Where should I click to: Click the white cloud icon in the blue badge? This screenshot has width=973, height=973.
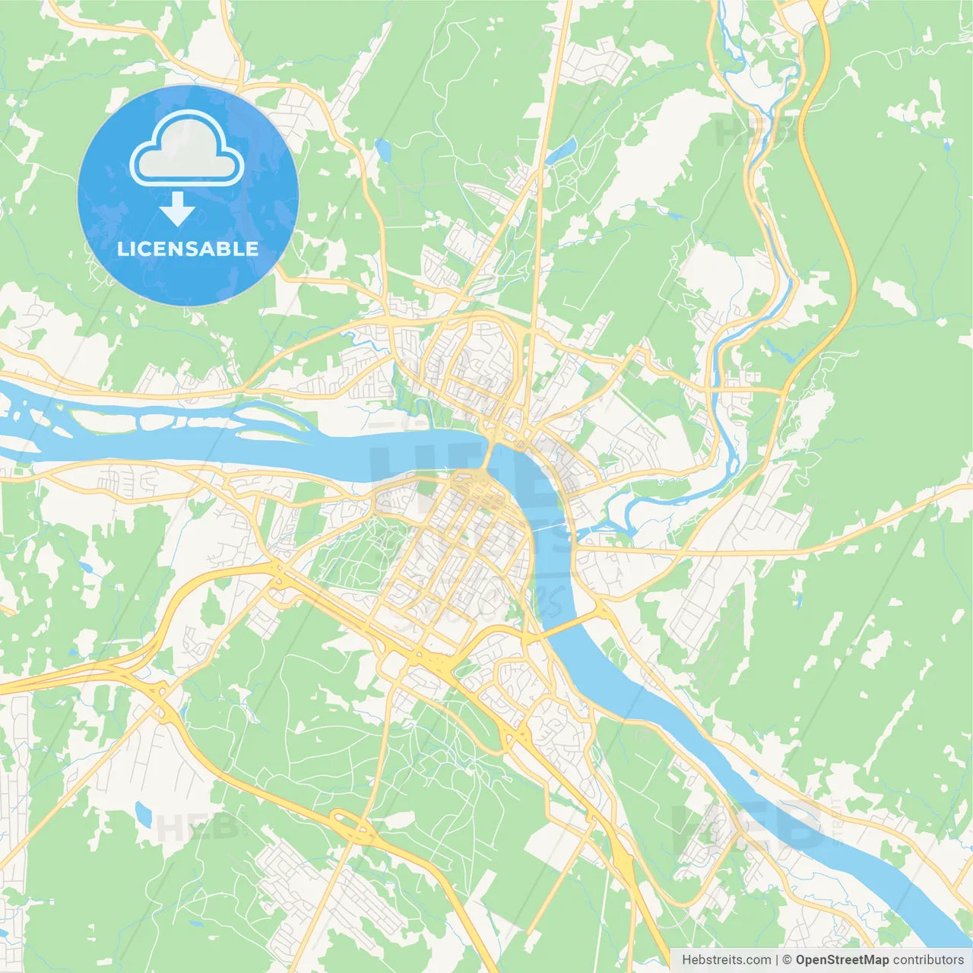coord(187,150)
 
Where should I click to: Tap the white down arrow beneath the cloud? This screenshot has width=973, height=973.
coord(178,209)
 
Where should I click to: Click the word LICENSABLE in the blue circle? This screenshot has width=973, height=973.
coord(188,249)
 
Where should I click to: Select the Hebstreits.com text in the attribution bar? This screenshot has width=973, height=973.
coord(726,960)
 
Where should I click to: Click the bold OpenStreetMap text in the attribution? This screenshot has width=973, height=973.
coord(841,960)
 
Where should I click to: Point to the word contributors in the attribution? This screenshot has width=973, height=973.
coord(928,960)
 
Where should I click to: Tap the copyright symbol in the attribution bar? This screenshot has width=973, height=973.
coord(787,960)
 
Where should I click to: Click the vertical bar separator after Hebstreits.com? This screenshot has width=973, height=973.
coord(777,960)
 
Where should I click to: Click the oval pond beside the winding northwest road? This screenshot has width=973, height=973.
coord(382,150)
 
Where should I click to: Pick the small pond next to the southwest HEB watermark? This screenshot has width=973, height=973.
coord(143,814)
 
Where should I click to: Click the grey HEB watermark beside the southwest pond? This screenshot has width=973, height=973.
coord(190,827)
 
